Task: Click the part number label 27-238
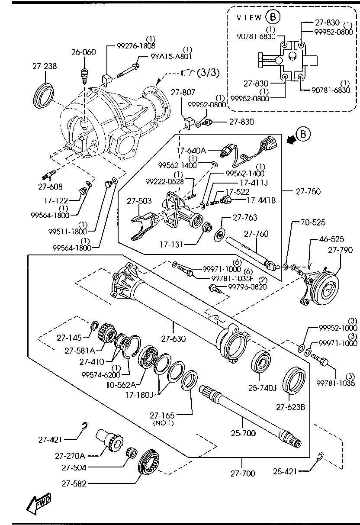45,66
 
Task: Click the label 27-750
308,191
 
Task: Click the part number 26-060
84,52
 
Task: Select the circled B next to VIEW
273,17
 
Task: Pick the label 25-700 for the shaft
243,433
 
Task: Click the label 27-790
340,250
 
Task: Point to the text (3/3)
208,73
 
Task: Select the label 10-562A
121,385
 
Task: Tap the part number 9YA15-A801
171,57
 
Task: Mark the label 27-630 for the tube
173,338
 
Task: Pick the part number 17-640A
191,151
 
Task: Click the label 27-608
50,187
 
